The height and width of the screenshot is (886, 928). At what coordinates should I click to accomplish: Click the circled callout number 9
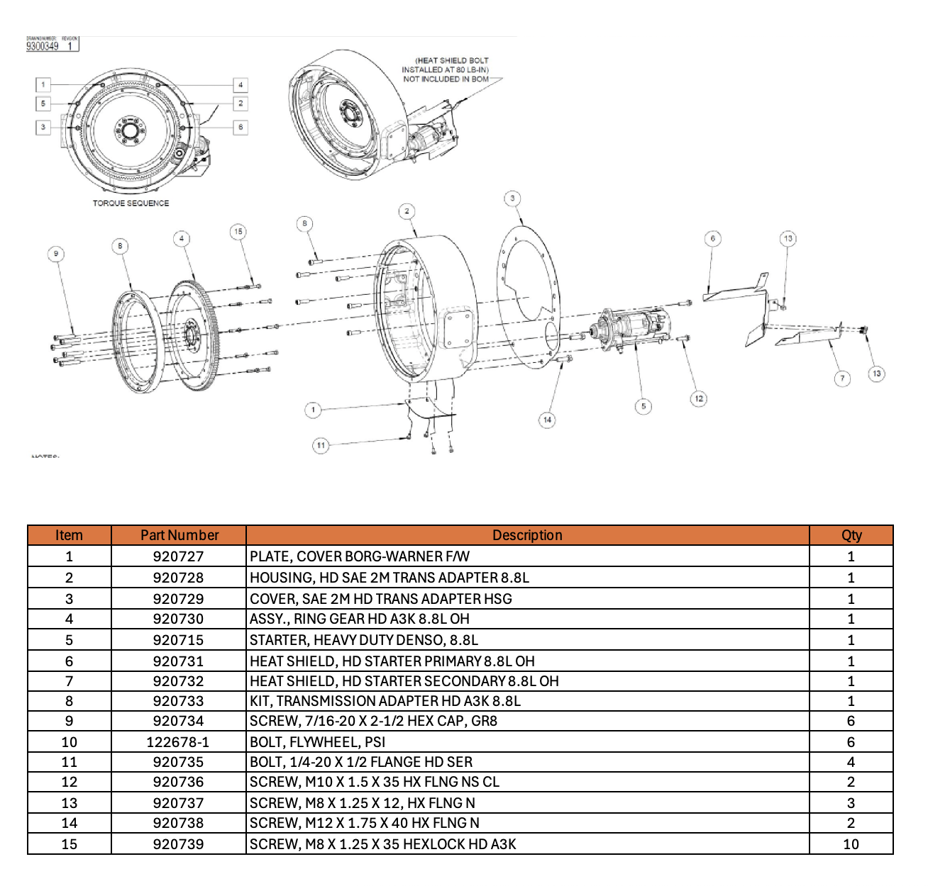tap(56, 254)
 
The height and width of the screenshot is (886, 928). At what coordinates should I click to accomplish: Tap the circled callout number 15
tap(238, 231)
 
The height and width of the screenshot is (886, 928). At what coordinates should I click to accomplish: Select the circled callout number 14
tap(547, 420)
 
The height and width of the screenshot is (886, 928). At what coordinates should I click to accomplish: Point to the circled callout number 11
tap(321, 445)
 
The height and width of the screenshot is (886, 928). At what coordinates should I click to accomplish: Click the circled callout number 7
tap(842, 378)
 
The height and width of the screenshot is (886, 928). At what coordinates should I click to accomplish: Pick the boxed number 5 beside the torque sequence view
tap(43, 103)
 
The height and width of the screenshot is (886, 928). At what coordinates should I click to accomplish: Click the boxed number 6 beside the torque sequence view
tap(241, 127)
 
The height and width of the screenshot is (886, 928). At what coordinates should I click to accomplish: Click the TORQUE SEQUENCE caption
tap(131, 203)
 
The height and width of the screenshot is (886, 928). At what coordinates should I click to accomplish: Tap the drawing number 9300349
tap(43, 46)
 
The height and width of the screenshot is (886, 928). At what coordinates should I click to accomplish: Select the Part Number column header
tap(179, 535)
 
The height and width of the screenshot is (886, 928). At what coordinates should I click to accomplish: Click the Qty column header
tap(851, 535)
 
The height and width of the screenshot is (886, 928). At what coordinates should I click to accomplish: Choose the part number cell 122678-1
tap(178, 742)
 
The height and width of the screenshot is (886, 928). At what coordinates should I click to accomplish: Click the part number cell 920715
tap(178, 640)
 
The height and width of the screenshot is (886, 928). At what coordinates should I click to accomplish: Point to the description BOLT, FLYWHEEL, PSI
tap(317, 742)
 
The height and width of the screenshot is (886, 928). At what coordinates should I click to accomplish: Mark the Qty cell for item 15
tap(851, 844)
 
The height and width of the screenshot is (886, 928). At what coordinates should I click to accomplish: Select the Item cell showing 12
tap(69, 782)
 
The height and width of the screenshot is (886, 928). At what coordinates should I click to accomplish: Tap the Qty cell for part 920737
tap(851, 803)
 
